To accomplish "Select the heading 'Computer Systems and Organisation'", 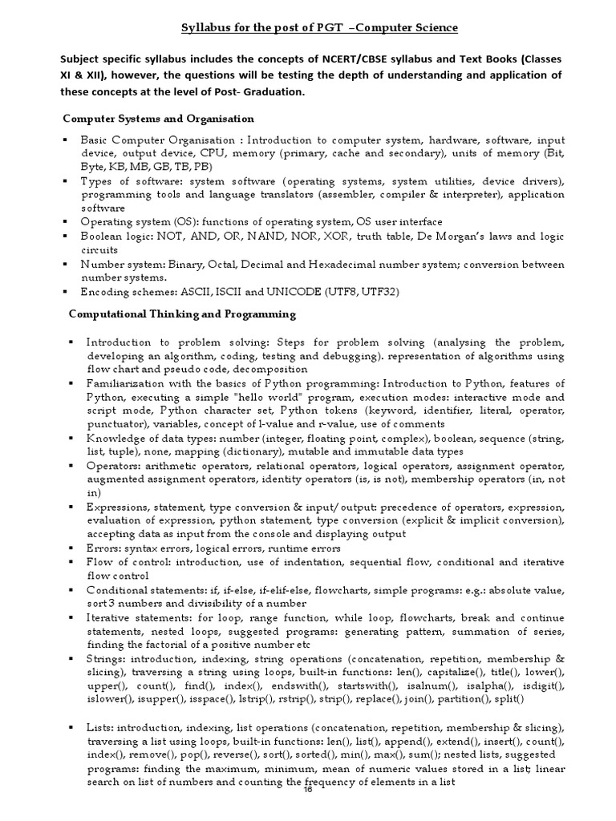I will (158, 119).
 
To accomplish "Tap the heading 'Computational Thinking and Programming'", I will (182, 313).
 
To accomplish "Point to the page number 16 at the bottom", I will (306, 790).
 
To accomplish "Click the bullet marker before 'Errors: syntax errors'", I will (73, 548).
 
